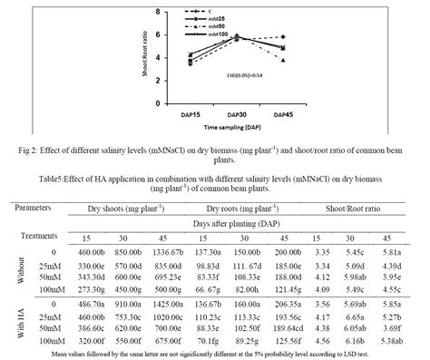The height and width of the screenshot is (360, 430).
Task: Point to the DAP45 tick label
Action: click(x=283, y=115)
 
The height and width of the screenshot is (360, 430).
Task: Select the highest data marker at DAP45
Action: click(x=284, y=37)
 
